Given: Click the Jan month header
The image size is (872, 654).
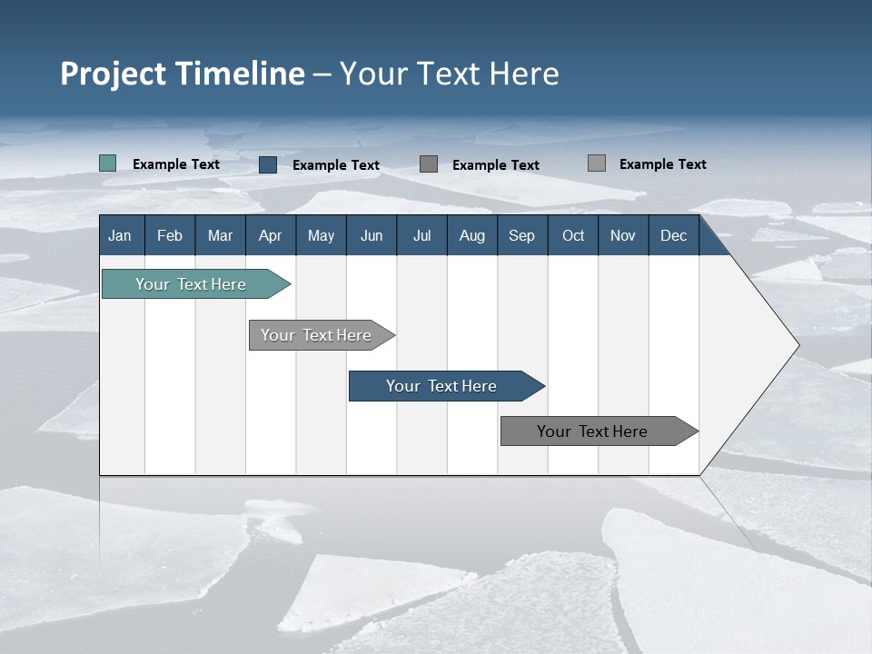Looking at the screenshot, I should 120,235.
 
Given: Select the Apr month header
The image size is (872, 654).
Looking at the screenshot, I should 271,235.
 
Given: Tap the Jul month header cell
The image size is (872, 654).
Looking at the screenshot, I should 421,235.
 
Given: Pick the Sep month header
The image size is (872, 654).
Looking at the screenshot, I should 521,235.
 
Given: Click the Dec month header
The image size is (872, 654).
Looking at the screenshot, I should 673,235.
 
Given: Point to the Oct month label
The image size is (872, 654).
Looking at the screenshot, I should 573,235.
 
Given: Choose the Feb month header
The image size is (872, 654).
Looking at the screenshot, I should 170,235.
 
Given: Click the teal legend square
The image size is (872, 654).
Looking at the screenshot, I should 108,163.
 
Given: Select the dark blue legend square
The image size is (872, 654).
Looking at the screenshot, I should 268,164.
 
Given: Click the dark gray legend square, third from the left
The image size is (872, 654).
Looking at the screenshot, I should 429,163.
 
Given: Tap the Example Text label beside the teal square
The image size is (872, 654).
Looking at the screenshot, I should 176,164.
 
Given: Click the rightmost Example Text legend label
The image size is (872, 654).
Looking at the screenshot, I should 662,164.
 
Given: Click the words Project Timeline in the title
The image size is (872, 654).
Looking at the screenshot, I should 182,74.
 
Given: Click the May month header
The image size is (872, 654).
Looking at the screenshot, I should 321,235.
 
